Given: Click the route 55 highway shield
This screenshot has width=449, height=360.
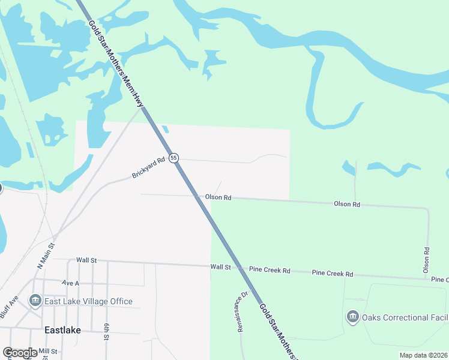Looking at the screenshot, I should coord(173,158).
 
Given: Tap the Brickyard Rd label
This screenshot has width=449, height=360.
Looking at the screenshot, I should coord(148,168).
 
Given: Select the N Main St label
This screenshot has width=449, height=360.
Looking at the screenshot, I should coord(46,255).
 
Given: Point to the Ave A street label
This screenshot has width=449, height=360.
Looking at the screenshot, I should coord(70,282).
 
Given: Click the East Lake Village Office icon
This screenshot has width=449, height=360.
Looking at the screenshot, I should coord(35,301).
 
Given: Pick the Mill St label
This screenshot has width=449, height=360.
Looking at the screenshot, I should coord(47,351).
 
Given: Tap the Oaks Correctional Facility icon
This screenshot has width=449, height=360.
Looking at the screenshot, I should coord(352,317).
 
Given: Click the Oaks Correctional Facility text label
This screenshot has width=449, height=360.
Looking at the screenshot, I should coord(405,317).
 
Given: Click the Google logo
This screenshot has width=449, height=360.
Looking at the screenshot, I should coord(20,353).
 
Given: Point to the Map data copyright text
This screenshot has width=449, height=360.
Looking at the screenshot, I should coord(423,355).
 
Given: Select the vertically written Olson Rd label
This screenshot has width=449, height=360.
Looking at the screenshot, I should coord(426,260).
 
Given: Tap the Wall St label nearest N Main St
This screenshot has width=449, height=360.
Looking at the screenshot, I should coord(86,260).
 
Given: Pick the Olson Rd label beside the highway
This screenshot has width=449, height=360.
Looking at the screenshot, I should coord(218,197).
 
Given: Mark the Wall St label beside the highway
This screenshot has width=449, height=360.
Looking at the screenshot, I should coord(220,266).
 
